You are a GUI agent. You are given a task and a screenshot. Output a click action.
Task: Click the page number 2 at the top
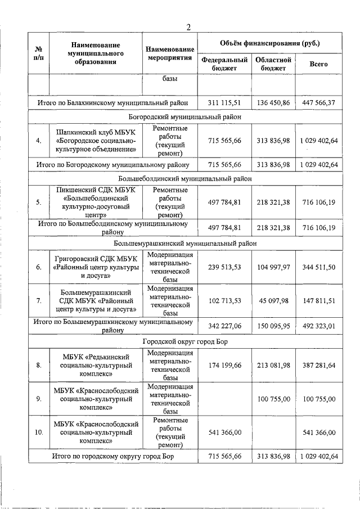[x=189, y=26]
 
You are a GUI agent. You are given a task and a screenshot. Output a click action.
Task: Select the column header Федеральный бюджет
[x=224, y=64]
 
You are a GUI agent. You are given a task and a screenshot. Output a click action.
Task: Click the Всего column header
[x=318, y=64]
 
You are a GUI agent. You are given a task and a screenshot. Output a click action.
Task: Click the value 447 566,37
[x=318, y=103]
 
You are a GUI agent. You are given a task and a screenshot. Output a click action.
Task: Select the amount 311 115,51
[x=224, y=103]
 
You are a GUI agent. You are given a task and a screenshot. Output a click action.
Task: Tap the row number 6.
[x=38, y=267]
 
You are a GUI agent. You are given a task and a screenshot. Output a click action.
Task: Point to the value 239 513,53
[x=224, y=267]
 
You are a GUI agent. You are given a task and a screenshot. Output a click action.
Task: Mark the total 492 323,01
[x=318, y=326]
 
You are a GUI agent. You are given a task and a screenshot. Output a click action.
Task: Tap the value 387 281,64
[x=318, y=365]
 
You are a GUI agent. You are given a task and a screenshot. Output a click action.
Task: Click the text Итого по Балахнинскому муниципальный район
[x=113, y=103]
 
